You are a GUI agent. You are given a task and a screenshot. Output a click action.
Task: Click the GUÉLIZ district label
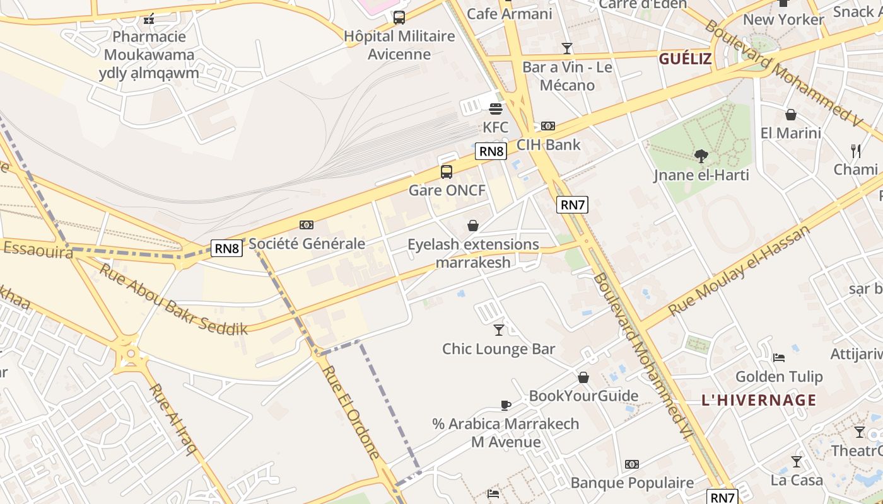(685, 59)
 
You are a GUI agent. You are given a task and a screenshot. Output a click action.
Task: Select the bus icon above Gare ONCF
(447, 171)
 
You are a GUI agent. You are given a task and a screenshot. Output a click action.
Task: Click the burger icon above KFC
(496, 109)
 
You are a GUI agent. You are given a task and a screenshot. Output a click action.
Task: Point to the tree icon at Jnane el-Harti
(701, 156)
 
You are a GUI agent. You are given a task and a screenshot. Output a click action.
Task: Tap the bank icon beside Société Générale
(307, 225)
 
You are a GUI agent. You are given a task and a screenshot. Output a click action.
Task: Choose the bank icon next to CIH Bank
(548, 126)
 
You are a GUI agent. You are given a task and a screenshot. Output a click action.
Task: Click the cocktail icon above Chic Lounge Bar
(499, 329)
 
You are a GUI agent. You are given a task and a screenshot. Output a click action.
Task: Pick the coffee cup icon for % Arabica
(505, 405)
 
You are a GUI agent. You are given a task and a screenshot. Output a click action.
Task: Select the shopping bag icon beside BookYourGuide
(583, 377)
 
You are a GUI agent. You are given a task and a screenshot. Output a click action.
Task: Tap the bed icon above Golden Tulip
(779, 358)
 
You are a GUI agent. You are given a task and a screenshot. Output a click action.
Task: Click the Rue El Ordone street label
(351, 411)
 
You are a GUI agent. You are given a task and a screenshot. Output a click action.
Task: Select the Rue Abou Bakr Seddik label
(173, 300)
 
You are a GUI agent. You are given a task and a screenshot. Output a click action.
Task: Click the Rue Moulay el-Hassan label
(739, 271)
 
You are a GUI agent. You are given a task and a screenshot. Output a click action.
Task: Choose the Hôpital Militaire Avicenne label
(399, 45)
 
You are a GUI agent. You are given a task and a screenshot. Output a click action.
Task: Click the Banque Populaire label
(632, 483)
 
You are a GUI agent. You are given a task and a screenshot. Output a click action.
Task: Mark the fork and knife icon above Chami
(856, 151)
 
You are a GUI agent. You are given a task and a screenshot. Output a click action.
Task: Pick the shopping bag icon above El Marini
(790, 115)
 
